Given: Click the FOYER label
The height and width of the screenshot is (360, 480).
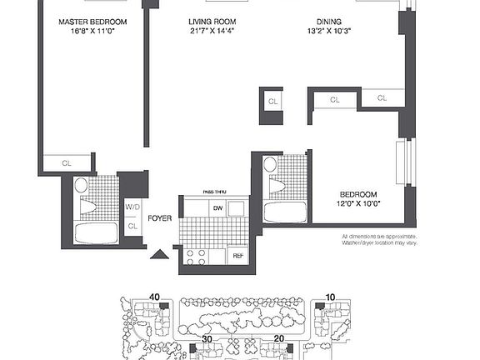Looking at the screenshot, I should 159,219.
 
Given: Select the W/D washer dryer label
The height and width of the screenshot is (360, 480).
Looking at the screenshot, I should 132,207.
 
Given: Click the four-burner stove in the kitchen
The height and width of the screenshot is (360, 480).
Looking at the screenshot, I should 196,257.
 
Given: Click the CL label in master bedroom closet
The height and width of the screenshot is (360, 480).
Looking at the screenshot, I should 67,163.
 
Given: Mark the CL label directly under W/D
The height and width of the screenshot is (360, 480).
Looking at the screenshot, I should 132,225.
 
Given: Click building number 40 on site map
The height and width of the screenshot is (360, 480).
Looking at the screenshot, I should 154,296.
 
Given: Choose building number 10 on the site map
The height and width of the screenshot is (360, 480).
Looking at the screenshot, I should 329,296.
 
